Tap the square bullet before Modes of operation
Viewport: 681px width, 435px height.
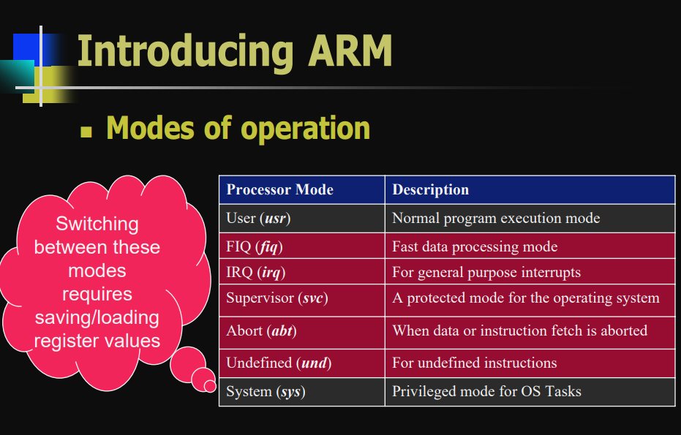point(86,132)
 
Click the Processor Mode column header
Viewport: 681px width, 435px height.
point(279,190)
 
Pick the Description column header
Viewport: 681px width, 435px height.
point(430,190)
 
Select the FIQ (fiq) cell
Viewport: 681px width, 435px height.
point(255,247)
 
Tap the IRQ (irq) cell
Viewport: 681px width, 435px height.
point(255,273)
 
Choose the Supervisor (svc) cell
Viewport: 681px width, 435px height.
point(276,298)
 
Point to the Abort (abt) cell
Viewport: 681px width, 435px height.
point(261,330)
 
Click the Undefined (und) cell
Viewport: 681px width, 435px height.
point(279,363)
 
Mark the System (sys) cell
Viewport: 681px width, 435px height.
point(266,392)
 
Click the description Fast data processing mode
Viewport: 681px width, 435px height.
point(475,247)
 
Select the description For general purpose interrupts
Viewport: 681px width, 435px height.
point(486,273)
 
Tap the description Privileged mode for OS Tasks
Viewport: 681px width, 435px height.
point(486,392)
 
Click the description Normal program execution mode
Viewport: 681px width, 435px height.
point(496,218)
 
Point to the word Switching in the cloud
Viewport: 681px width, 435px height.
point(97,224)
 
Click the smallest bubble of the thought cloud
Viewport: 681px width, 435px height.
point(210,385)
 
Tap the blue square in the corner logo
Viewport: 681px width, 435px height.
point(26,48)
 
